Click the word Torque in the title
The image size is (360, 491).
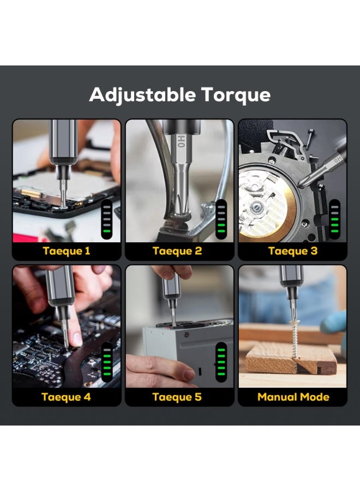click(x=234, y=95)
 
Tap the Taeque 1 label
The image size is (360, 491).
click(x=66, y=252)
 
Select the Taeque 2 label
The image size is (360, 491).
click(x=178, y=252)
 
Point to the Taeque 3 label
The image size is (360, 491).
click(x=293, y=252)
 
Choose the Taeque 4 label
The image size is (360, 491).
click(x=66, y=397)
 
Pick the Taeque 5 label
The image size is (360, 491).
click(x=178, y=397)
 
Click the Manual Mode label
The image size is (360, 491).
click(x=293, y=397)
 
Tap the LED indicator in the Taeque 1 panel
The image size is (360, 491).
click(x=107, y=217)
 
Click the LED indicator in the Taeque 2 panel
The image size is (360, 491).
click(x=221, y=218)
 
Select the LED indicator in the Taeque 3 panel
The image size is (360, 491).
click(x=334, y=218)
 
